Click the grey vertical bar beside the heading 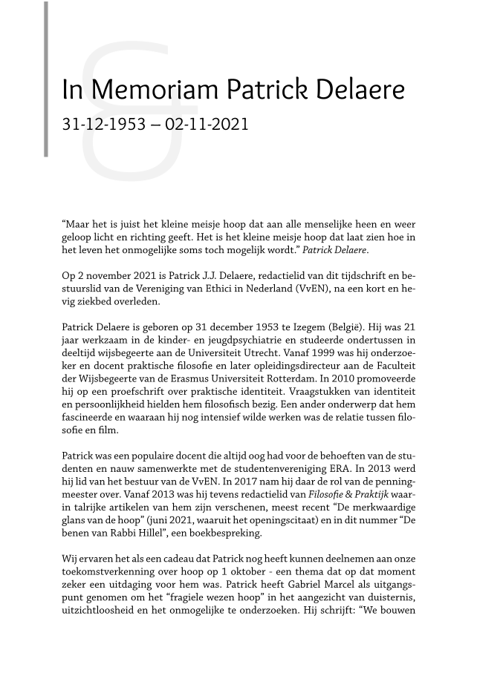click(46, 79)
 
